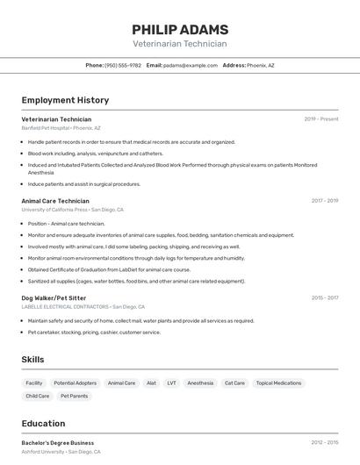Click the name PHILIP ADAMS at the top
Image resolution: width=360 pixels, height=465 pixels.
pos(180,29)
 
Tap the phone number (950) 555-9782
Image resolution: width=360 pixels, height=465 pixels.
pos(123,65)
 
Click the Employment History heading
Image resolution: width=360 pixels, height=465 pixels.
pos(65,100)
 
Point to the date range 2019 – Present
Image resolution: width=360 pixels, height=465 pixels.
pos(321,119)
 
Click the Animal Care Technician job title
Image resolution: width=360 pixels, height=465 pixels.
pos(55,201)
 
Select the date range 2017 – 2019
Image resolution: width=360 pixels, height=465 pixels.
pos(325,201)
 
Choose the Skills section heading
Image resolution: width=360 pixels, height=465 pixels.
pos(33,360)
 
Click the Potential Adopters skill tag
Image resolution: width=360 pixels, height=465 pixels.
pos(76,383)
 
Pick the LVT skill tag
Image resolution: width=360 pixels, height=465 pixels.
pos(171,383)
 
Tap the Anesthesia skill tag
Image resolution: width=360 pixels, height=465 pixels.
pos(200,383)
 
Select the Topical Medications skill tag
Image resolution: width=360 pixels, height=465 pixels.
pos(278,383)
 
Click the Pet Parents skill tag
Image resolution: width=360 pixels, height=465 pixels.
pos(74,397)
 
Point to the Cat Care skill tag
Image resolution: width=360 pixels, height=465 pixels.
pos(234,383)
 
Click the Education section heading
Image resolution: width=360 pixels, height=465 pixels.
pos(44,423)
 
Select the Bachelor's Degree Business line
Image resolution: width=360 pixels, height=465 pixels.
pos(58,443)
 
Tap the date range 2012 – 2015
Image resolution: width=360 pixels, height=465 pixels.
pos(325,443)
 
